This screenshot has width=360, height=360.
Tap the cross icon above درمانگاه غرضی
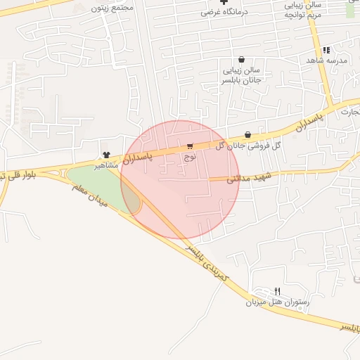coord(224,2)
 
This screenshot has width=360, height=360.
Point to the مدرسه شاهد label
coord(326,61)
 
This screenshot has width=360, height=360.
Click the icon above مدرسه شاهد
coord(326,50)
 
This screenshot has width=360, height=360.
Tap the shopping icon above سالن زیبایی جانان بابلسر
coord(242,60)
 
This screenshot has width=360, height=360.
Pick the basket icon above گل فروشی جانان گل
coord(247,135)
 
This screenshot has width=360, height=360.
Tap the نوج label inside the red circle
coord(190,157)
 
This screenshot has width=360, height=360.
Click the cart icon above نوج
coord(190,146)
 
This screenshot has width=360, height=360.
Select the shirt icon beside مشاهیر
coord(106,155)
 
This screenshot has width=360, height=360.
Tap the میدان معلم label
coord(89,193)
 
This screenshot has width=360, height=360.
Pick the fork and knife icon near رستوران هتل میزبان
coord(278,291)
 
